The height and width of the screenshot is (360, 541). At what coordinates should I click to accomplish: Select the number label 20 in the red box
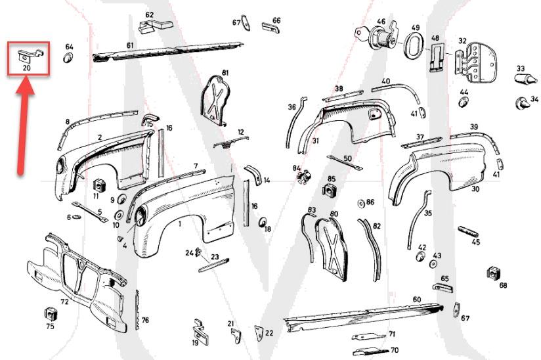tap(27, 67)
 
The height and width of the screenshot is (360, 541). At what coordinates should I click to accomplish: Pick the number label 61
tap(130, 45)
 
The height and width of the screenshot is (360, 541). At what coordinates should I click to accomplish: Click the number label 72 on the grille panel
tap(64, 302)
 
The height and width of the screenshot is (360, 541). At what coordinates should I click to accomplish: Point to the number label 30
tap(475, 189)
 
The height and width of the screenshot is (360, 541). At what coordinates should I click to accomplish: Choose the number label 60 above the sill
tap(416, 300)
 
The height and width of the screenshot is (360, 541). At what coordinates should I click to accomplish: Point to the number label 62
tap(149, 14)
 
